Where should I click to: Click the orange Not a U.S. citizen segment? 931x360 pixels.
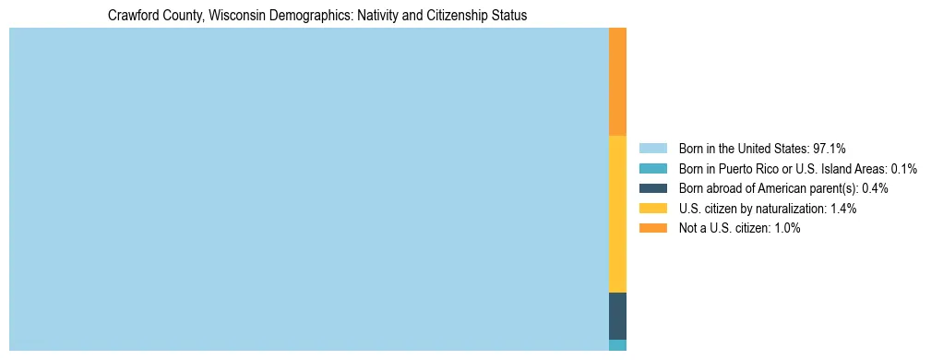point(617,81)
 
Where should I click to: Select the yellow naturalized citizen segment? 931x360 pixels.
point(617,213)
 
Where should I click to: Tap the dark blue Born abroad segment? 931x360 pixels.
point(617,316)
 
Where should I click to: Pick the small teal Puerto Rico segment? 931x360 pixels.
point(617,345)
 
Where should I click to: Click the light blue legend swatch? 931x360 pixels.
point(652,149)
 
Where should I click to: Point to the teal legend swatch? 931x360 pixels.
point(652,169)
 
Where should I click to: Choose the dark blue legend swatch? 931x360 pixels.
point(652,188)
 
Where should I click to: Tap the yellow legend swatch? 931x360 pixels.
point(652,209)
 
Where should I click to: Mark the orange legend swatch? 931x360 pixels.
point(652,228)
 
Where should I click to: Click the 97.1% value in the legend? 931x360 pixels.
point(830,149)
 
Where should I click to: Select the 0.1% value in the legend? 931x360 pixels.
point(903,169)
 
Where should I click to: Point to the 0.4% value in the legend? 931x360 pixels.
point(875,188)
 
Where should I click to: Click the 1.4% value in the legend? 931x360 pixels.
point(842,209)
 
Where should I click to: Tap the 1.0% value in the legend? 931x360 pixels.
point(786,228)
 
